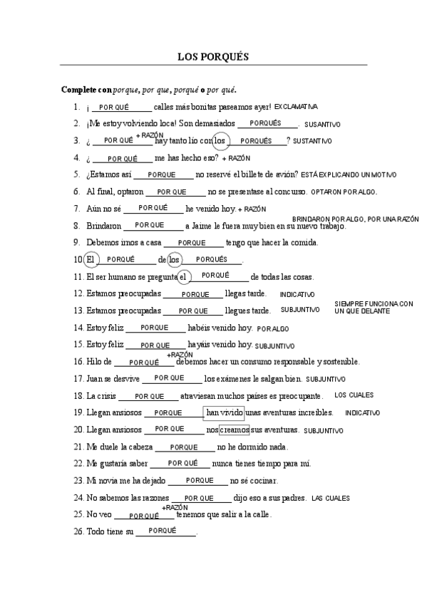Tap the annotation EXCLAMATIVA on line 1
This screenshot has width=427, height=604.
296,106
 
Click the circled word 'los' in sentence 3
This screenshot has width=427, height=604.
222,140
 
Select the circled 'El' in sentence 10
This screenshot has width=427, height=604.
90,260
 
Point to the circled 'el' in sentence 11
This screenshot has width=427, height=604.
183,277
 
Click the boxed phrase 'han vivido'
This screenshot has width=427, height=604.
224,412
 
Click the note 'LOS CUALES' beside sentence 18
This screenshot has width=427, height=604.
354,395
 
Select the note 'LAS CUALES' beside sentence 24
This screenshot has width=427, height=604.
331,498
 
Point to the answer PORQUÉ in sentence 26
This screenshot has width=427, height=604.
163,531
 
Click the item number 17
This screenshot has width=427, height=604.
78,379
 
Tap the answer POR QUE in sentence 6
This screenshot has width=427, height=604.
171,192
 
